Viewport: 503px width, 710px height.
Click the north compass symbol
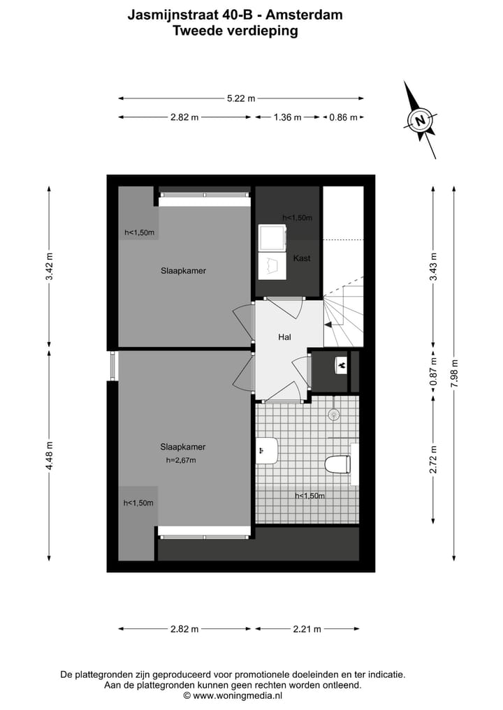(x=421, y=119)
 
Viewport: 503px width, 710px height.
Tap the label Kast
(x=302, y=258)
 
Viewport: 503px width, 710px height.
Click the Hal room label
(x=284, y=337)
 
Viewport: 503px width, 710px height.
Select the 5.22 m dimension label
(x=241, y=98)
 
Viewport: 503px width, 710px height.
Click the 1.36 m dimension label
(x=287, y=117)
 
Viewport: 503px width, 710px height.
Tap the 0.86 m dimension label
(x=344, y=117)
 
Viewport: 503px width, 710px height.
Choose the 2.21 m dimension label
(x=307, y=629)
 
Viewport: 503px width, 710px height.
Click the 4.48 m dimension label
(x=49, y=455)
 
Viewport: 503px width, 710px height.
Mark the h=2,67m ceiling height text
(x=181, y=460)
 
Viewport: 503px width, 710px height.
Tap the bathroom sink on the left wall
(x=267, y=450)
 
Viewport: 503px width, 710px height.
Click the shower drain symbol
(x=335, y=414)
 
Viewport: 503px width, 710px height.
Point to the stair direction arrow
(x=328, y=323)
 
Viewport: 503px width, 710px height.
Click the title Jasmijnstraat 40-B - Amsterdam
(x=235, y=14)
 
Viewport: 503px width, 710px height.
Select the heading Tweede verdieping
(x=235, y=30)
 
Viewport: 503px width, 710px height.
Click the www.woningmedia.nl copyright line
(x=233, y=695)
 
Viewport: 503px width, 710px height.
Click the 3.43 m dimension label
(x=433, y=266)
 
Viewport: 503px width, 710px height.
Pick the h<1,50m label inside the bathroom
(x=309, y=496)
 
